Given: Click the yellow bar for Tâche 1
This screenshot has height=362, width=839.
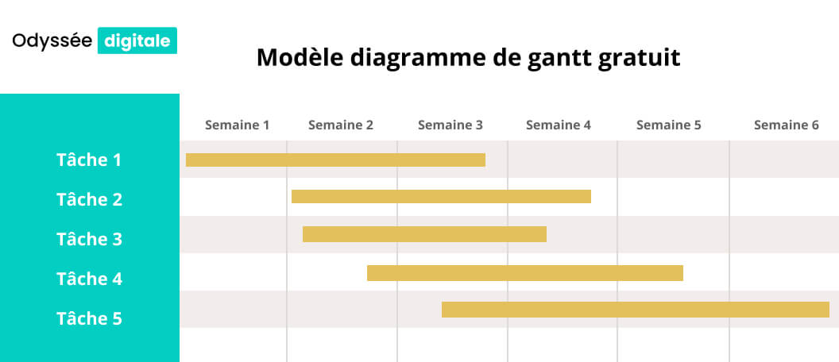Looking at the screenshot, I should click(x=335, y=160).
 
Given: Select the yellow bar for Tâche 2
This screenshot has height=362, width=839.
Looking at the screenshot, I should click(x=441, y=196).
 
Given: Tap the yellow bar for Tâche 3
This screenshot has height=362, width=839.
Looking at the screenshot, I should click(x=424, y=233).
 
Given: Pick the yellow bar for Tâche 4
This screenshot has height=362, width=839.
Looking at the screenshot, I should click(x=524, y=273).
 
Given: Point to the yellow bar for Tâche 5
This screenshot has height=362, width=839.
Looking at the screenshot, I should click(x=635, y=310).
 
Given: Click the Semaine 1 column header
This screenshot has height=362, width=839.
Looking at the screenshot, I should click(x=238, y=125).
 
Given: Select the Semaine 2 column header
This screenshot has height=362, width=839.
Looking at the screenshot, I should click(x=341, y=125).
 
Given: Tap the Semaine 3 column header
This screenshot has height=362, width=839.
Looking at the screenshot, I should click(x=450, y=125).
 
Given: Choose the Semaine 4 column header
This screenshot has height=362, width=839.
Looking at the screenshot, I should click(x=559, y=125).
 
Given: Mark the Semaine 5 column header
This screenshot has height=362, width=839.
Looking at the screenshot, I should click(x=669, y=125).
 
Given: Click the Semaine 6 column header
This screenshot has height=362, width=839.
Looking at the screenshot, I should click(x=786, y=125).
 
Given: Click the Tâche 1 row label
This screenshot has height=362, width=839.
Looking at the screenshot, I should click(x=89, y=160).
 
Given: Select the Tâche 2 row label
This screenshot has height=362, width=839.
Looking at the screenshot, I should click(x=89, y=199).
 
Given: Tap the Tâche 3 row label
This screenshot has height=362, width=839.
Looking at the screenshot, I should click(x=89, y=239).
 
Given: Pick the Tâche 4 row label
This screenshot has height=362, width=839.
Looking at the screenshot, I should click(x=89, y=279).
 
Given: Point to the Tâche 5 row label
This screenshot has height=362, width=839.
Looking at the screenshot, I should click(x=89, y=318).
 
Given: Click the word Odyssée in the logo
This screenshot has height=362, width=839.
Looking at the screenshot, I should click(x=52, y=41).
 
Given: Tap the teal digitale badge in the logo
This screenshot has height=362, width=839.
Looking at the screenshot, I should click(x=137, y=40).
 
